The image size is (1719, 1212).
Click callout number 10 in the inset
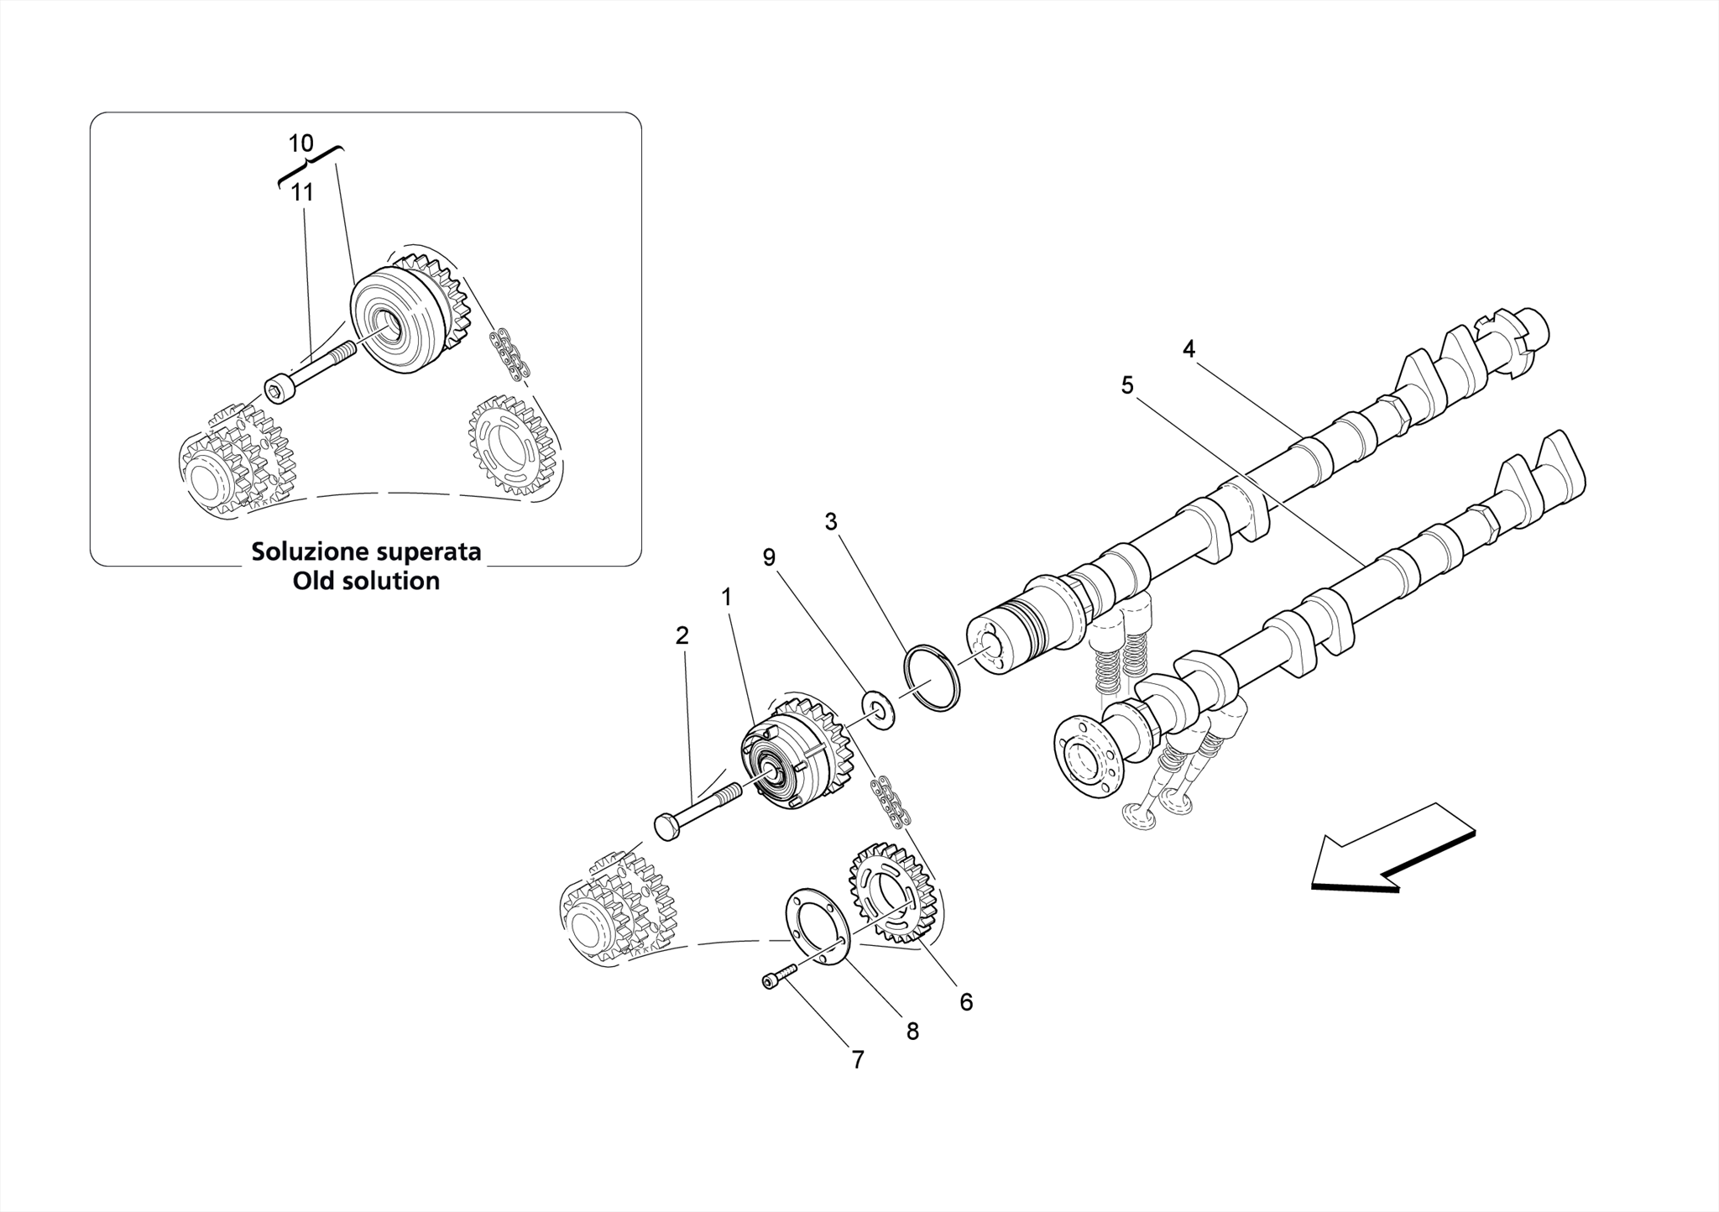pyautogui.click(x=300, y=144)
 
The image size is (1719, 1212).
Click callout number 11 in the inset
pyautogui.click(x=302, y=193)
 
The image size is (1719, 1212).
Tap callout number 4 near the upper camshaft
pyautogui.click(x=1189, y=349)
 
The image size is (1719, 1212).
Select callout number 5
pyautogui.click(x=1127, y=385)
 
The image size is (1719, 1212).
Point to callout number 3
pyautogui.click(x=830, y=522)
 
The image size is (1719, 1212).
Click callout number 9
pyautogui.click(x=769, y=558)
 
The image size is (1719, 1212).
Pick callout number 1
pyautogui.click(x=726, y=598)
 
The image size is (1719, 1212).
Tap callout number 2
pyautogui.click(x=682, y=636)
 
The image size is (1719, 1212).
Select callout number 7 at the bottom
pyautogui.click(x=858, y=1061)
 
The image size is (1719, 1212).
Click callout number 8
pyautogui.click(x=912, y=1032)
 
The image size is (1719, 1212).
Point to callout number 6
pyautogui.click(x=966, y=1002)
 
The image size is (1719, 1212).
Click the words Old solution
pyautogui.click(x=366, y=581)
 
